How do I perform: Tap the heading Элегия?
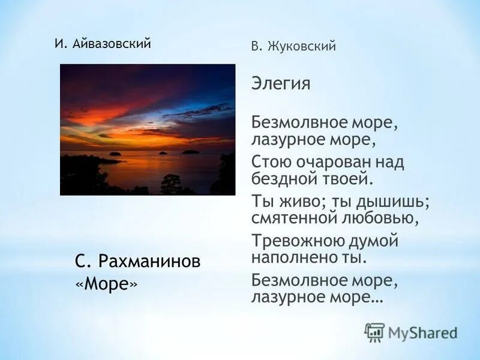pos(281,83)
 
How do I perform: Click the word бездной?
pos(284,178)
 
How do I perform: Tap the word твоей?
pos(347,178)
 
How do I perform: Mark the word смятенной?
pos(293,218)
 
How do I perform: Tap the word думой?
pos(375,241)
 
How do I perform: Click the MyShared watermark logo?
pos(411,332)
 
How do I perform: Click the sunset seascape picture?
pos(148,130)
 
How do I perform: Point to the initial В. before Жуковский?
pos(256,46)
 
